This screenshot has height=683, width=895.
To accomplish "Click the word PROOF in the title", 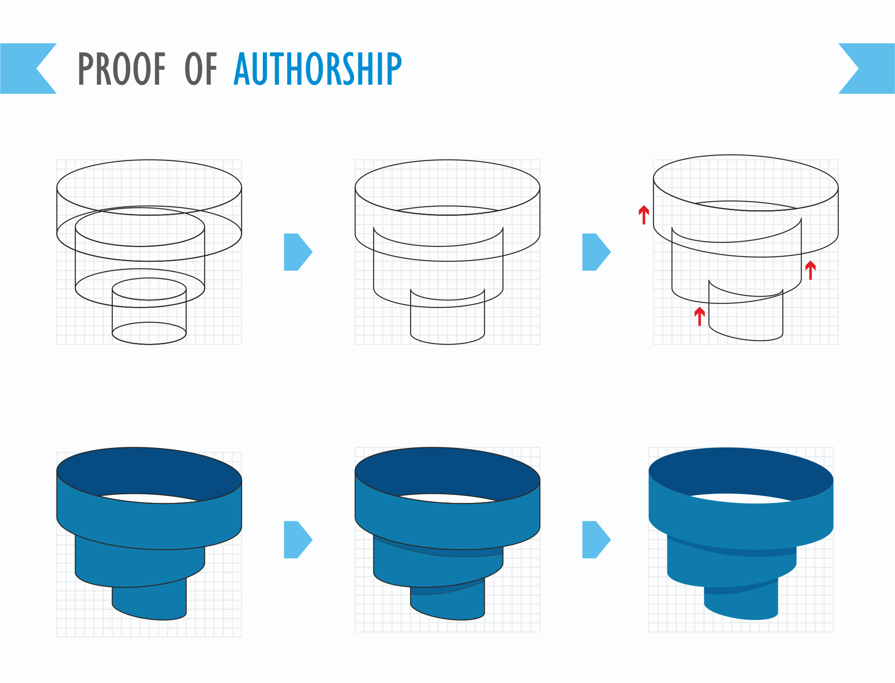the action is coord(122,68).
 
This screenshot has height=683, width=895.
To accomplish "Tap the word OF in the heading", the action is coord(201,68).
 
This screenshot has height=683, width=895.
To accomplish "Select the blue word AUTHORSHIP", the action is coord(318,68).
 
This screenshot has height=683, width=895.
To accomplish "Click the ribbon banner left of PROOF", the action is coord(28,68).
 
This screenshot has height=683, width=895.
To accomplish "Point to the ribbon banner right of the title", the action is coord(867,68).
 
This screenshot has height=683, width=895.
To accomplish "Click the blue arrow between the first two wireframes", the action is coord(298,252).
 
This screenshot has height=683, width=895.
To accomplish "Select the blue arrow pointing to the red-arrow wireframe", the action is coord(596,252).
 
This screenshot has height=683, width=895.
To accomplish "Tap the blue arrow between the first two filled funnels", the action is coord(298,539).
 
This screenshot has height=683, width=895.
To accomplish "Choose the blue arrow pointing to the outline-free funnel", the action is coord(596,539).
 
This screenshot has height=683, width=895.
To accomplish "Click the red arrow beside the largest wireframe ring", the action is coord(644,215).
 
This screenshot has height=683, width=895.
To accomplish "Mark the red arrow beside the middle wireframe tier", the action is coord(811,270).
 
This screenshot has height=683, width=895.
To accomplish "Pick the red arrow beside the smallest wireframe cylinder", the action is coord(700,316).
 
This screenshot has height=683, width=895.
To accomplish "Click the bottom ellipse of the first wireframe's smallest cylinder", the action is coord(149,333).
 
